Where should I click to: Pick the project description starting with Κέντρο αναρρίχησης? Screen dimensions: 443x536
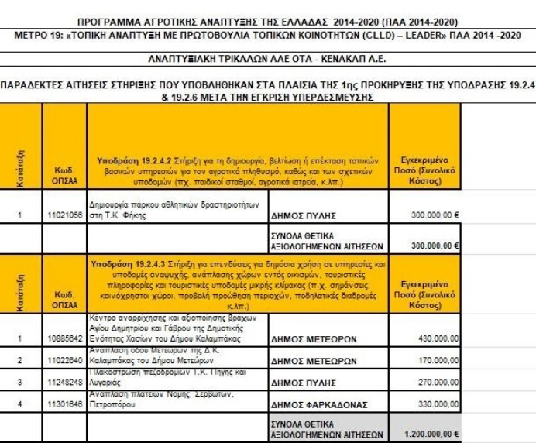pyautogui.click(x=177, y=328)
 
